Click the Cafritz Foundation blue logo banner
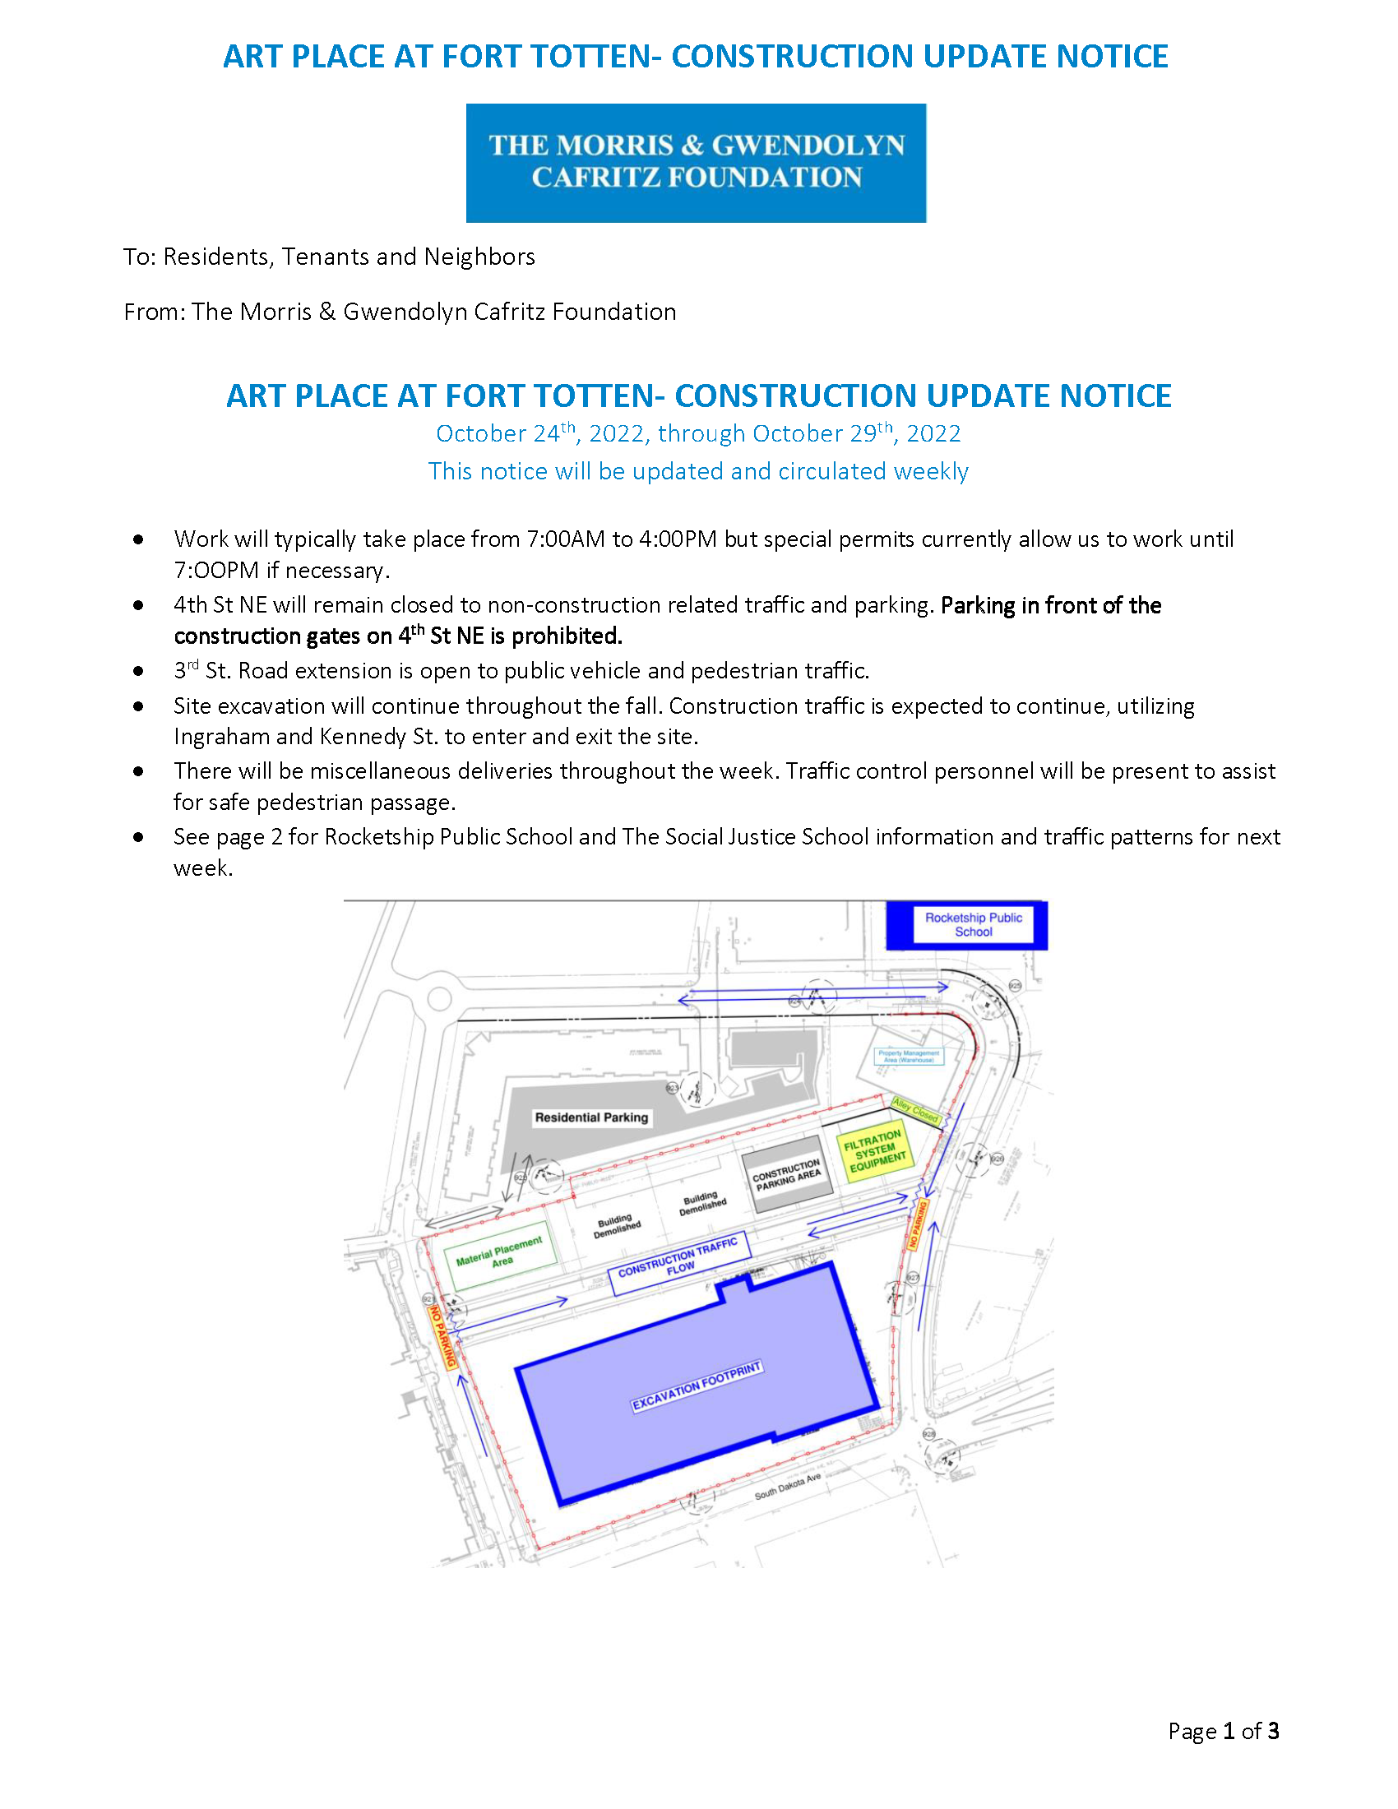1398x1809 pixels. pos(696,162)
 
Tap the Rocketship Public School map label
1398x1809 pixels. pos(973,924)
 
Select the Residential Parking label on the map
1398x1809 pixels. pos(590,1117)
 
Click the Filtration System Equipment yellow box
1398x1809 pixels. pos(877,1150)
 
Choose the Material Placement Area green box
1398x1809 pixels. pos(499,1255)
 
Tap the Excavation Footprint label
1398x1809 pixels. pos(697,1386)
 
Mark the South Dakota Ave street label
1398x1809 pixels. pos(787,1486)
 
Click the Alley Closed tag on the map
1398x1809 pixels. pos(915,1110)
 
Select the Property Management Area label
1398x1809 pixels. pos(909,1056)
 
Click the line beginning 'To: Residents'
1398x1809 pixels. pos(329,257)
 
